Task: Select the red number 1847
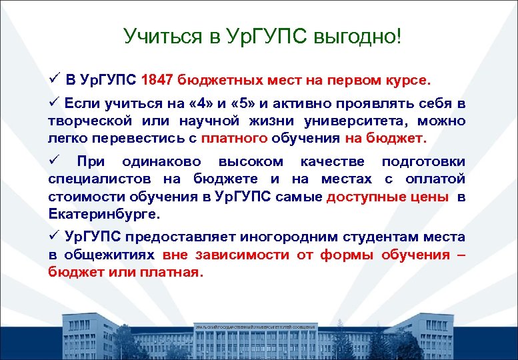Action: pos(157,81)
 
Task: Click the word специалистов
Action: pos(98,179)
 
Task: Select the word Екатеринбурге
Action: pos(104,215)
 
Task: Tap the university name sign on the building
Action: pos(255,327)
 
